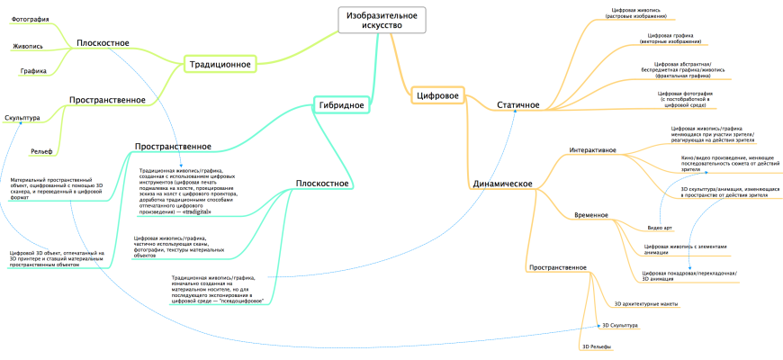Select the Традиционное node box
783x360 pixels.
click(220, 64)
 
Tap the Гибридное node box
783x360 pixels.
click(341, 105)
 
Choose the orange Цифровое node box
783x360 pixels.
click(437, 94)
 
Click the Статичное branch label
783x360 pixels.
click(518, 105)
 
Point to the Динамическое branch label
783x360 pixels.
click(502, 184)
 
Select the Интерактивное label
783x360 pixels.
click(593, 149)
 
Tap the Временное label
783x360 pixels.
click(590, 215)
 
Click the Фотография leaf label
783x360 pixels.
click(30, 18)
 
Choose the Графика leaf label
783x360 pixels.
click(33, 71)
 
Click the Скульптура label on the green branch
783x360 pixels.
click(22, 118)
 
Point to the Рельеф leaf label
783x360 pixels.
click(41, 150)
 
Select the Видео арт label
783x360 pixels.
click(660, 229)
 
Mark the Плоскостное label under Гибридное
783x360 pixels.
click(321, 184)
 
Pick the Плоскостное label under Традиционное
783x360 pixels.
click(103, 42)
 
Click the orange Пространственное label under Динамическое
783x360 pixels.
click(558, 267)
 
